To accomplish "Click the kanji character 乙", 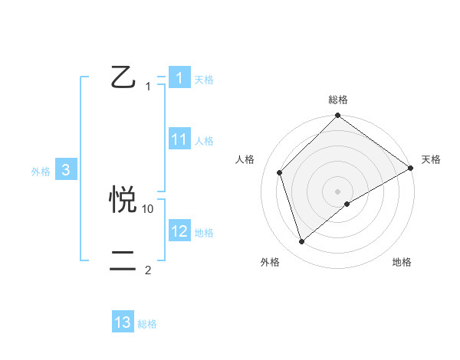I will coord(123,77).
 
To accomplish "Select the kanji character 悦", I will coord(123,198).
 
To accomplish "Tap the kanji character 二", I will coord(123,261).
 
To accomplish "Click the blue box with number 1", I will coord(179,78).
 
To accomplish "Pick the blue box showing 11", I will coord(179,139).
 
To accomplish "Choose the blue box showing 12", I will coord(179,231).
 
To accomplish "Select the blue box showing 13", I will coord(123,322).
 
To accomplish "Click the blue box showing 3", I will coord(66,170).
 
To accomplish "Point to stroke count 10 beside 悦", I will coord(148,208).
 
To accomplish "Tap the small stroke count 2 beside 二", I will coord(148,270).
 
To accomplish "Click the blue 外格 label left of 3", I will coord(41,172).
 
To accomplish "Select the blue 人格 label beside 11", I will coord(204,141).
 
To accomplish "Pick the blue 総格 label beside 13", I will coord(147,324).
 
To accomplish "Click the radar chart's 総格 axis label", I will coord(338,100).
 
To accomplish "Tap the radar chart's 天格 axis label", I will coord(432,159).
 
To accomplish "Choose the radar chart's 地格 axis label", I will coord(402,262).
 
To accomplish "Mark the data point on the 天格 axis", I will coord(410,168).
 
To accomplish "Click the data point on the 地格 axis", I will coord(347,204).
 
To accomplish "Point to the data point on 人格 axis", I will coord(280,172).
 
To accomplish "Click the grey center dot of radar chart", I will coord(338,191).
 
